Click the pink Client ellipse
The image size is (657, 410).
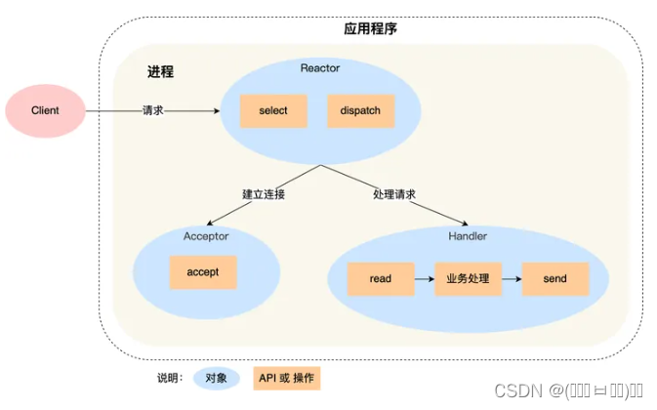[45, 110]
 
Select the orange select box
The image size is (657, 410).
[273, 111]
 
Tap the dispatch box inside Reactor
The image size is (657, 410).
[360, 111]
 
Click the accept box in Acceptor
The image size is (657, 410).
[202, 272]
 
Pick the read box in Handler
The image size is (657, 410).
[381, 279]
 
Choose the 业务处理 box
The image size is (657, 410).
[468, 279]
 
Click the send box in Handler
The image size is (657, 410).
[554, 279]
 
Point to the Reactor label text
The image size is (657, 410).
[320, 66]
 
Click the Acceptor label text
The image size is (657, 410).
[205, 236]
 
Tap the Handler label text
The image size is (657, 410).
[467, 236]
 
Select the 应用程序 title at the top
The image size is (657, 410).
[371, 28]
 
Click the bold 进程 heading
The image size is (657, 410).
[160, 72]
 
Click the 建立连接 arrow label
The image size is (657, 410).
[265, 194]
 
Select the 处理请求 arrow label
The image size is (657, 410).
[393, 194]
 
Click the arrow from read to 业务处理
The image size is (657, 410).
[424, 279]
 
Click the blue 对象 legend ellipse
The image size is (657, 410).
[218, 377]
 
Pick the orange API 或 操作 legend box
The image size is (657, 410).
[287, 377]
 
